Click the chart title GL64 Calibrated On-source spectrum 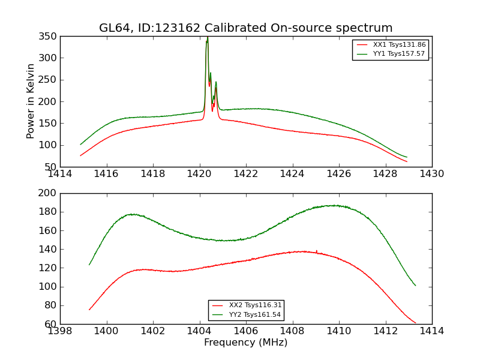click(x=246, y=28)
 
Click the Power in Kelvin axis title click(x=31, y=101)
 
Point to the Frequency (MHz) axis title click(x=246, y=343)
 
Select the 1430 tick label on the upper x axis click(x=432, y=174)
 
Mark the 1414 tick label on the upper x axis click(x=60, y=174)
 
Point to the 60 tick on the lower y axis click(x=52, y=324)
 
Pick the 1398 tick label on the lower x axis click(x=60, y=331)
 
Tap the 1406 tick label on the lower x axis click(x=246, y=331)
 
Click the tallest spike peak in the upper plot click(x=208, y=38)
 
